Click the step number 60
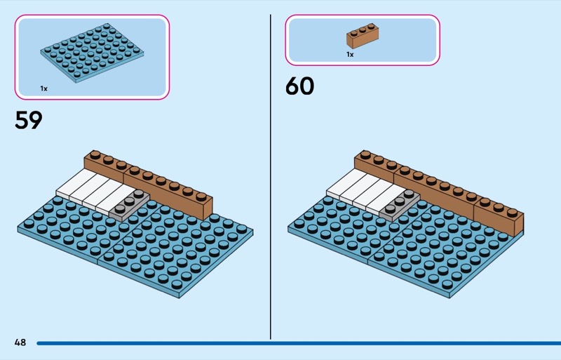(x=300, y=86)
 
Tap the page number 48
(x=20, y=342)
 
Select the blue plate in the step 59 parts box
(x=92, y=53)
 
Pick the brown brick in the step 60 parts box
(x=363, y=36)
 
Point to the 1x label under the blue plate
(x=43, y=88)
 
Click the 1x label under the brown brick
(x=350, y=55)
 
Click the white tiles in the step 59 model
(x=94, y=190)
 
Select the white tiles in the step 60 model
(x=364, y=190)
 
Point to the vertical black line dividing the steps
(x=271, y=177)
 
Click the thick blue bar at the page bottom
(x=299, y=343)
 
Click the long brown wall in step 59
(x=149, y=185)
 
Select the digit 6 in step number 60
(x=292, y=86)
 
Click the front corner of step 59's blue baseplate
(x=180, y=298)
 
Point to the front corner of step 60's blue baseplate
(x=450, y=298)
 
